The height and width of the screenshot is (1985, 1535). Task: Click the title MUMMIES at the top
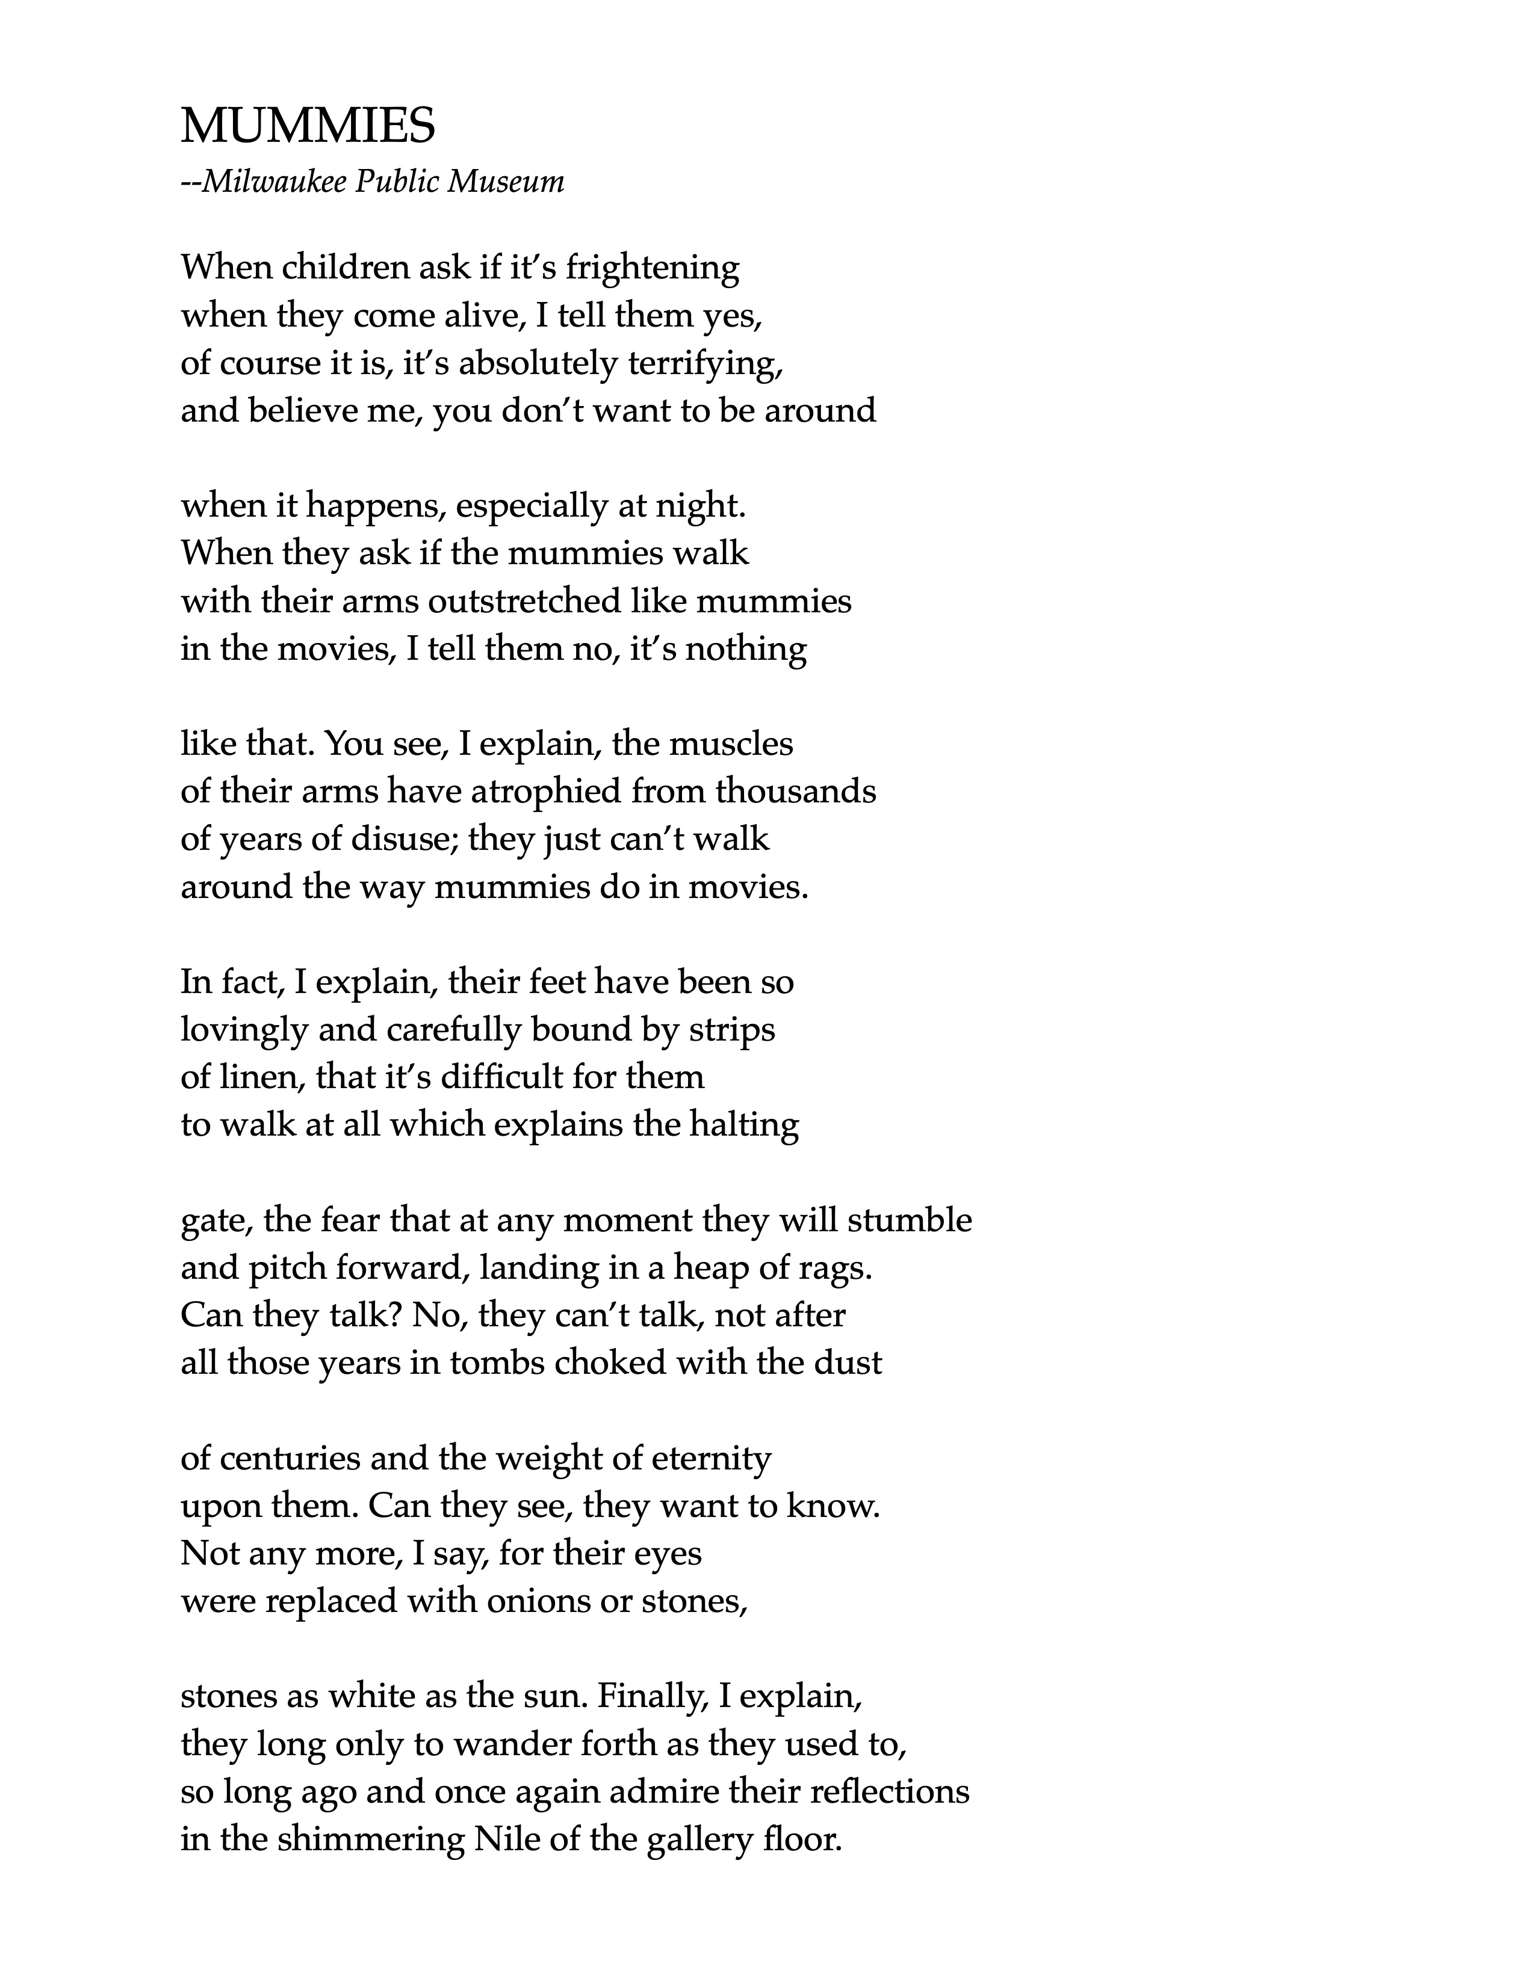tap(308, 126)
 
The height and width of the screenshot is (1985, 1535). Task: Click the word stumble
tap(910, 1220)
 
